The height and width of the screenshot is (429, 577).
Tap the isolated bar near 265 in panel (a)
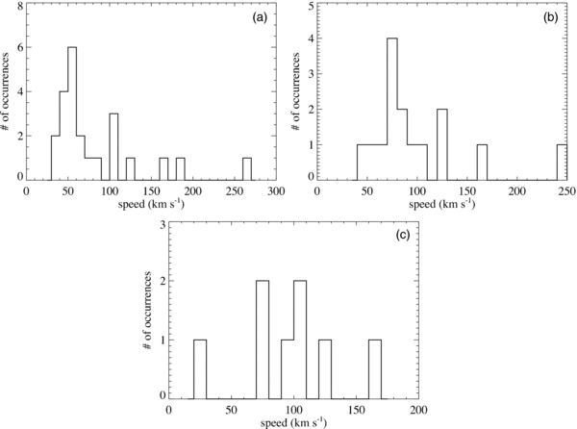247,168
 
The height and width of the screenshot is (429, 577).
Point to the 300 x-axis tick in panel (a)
276,192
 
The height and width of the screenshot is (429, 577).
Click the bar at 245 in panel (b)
561,162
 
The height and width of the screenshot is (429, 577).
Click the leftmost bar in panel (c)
200,367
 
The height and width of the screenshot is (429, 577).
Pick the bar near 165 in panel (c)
375,367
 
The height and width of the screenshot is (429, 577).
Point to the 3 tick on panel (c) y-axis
163,225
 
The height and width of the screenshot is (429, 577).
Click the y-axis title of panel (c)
146,310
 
